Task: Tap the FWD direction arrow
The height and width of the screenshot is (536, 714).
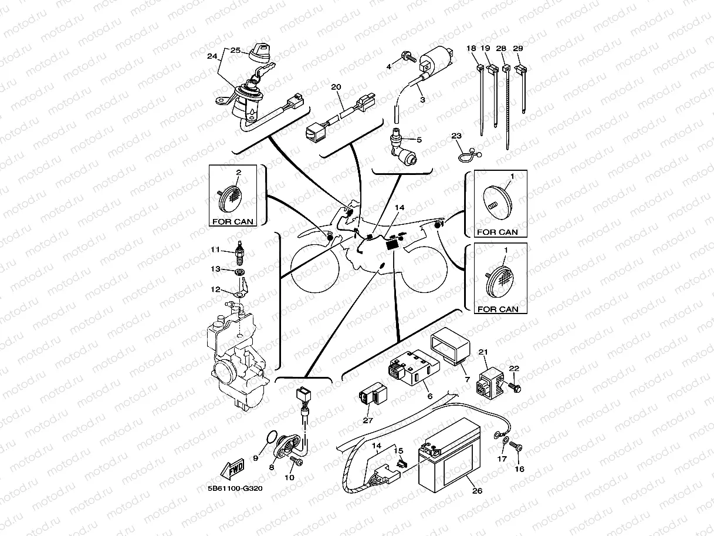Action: (233, 469)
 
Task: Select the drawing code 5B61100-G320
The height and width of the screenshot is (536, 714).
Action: (235, 488)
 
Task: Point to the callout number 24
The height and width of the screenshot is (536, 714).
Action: (212, 57)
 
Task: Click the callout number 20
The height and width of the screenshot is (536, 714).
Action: (336, 87)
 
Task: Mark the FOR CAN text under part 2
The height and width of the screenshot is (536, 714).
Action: (233, 222)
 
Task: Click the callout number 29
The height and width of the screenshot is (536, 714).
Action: (518, 48)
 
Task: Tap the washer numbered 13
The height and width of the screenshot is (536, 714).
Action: (239, 273)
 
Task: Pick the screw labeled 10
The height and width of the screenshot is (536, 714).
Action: (296, 463)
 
